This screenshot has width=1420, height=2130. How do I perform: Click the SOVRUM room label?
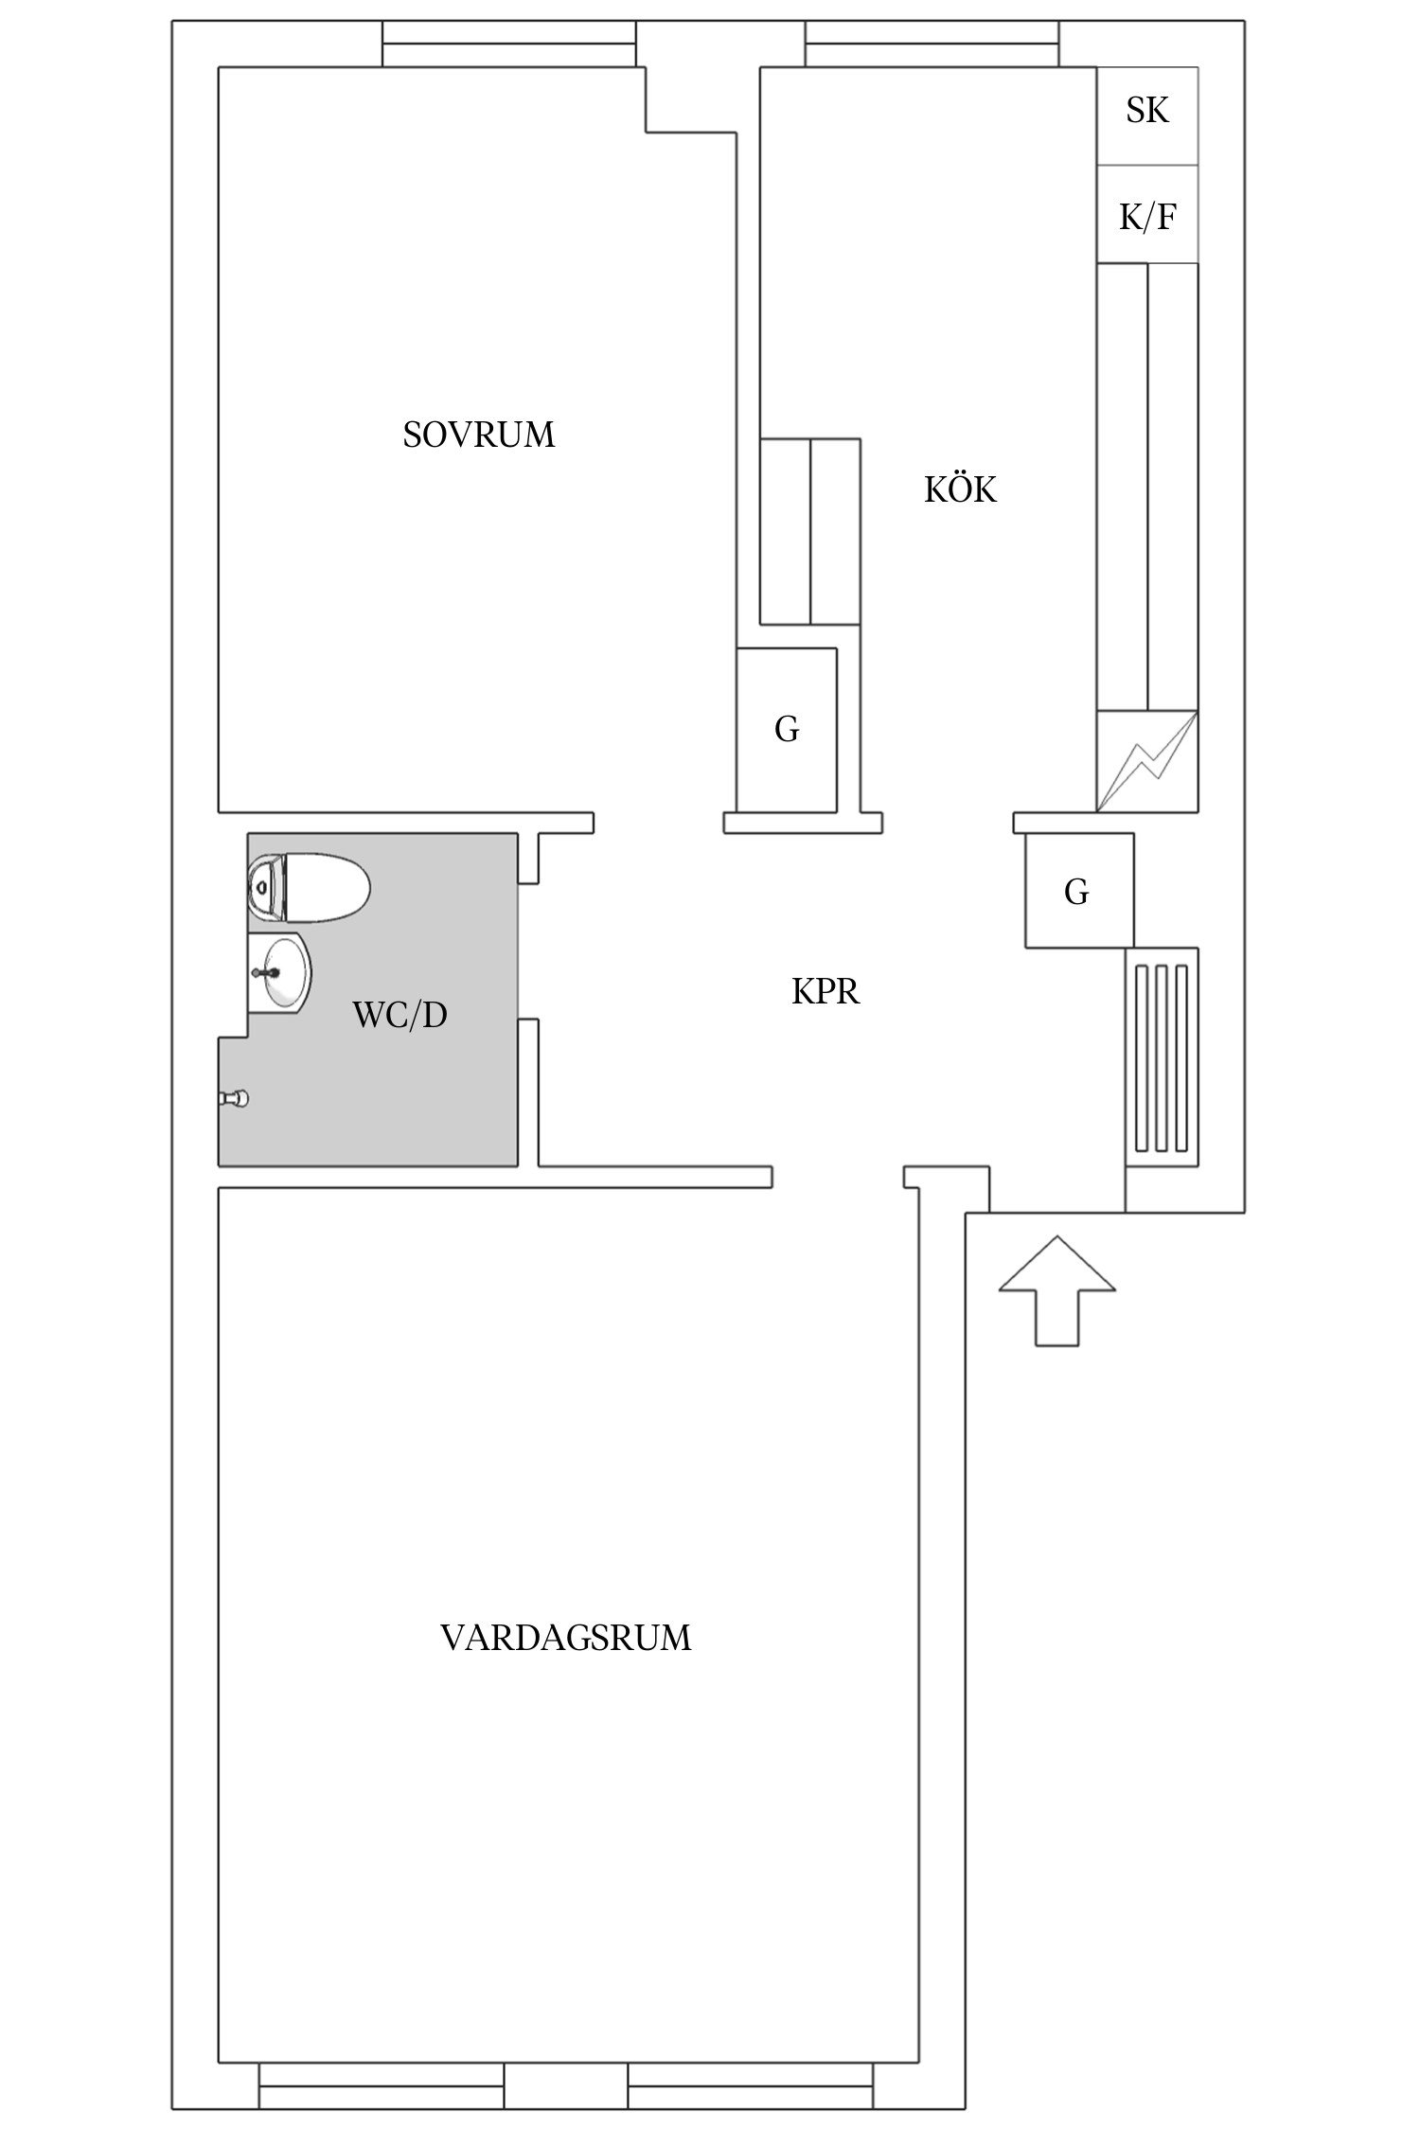click(x=478, y=435)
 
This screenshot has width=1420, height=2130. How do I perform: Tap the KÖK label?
click(x=960, y=490)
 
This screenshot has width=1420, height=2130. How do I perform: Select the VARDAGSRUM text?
click(x=566, y=1639)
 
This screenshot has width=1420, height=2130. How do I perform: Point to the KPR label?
click(x=825, y=992)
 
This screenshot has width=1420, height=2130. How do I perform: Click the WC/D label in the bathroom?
click(x=399, y=1015)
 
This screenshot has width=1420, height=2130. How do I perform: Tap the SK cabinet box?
click(x=1147, y=112)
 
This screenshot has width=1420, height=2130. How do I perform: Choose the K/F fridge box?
click(x=1147, y=218)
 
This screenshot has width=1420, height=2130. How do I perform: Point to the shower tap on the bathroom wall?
click(x=234, y=1098)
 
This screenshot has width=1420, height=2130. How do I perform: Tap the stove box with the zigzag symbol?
click(x=1146, y=760)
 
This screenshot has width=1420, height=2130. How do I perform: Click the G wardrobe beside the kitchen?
click(x=787, y=730)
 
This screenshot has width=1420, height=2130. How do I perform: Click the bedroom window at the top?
click(x=508, y=44)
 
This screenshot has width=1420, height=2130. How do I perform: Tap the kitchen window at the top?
click(x=932, y=44)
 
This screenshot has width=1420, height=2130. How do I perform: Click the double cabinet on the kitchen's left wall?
click(x=810, y=531)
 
